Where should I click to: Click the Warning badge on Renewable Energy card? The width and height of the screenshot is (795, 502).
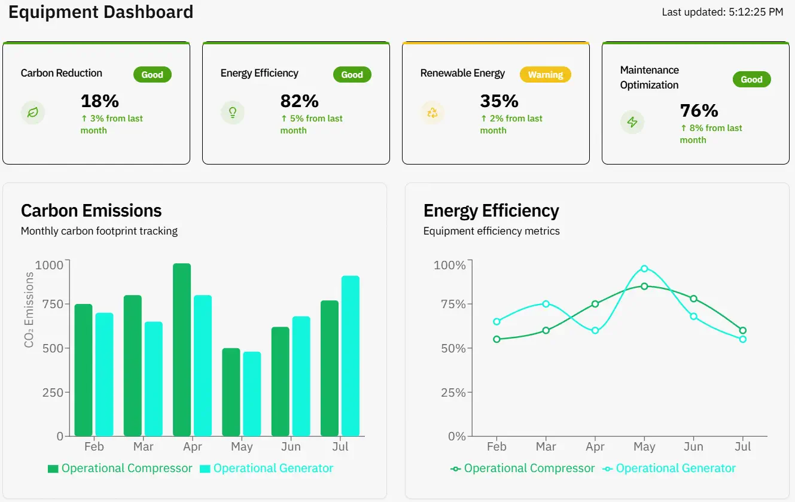pyautogui.click(x=545, y=75)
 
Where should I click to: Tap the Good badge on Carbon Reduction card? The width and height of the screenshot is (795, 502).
pyautogui.click(x=152, y=75)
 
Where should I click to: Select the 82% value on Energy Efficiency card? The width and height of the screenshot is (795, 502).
pyautogui.click(x=299, y=101)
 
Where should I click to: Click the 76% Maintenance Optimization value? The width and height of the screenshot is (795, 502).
pyautogui.click(x=699, y=110)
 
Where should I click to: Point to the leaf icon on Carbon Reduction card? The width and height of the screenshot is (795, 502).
pyautogui.click(x=33, y=112)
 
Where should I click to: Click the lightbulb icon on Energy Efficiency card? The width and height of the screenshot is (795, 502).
pyautogui.click(x=233, y=112)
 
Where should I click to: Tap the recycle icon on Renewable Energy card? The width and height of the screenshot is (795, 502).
pyautogui.click(x=432, y=112)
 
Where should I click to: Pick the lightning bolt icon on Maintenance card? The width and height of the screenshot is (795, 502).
pyautogui.click(x=632, y=122)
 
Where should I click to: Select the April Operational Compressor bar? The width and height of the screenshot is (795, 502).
pyautogui.click(x=182, y=350)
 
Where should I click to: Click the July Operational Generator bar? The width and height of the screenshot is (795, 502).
pyautogui.click(x=351, y=356)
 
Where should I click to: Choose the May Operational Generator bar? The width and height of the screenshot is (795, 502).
pyautogui.click(x=252, y=394)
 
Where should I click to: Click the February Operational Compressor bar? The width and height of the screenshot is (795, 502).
pyautogui.click(x=83, y=370)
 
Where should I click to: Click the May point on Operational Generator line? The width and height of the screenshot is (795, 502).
pyautogui.click(x=644, y=269)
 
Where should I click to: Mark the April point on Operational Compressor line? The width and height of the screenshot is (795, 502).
pyautogui.click(x=595, y=304)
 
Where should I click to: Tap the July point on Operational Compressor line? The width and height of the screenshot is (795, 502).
pyautogui.click(x=743, y=330)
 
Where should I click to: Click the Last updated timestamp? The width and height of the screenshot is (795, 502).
pyautogui.click(x=722, y=12)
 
